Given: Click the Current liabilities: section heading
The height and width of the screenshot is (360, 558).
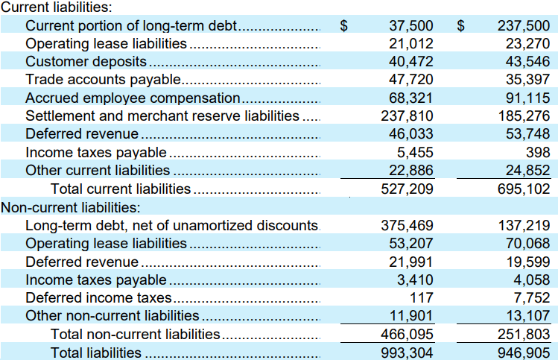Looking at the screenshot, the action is click(56, 7).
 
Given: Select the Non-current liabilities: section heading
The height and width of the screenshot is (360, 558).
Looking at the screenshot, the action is click(71, 207).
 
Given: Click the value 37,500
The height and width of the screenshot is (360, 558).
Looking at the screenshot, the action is click(411, 25).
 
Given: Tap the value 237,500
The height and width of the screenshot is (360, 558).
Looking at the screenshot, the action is click(524, 25).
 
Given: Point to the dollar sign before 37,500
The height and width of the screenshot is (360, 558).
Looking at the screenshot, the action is click(343, 25).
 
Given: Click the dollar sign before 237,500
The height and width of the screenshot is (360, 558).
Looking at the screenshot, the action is click(461, 25).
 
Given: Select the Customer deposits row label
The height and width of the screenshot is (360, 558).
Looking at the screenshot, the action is click(86, 62).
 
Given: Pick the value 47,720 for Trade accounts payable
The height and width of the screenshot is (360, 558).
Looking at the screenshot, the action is click(411, 80).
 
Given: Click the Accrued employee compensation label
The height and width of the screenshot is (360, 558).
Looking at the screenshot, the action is click(133, 98).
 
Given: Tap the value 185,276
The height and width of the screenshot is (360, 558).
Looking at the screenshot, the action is click(524, 116).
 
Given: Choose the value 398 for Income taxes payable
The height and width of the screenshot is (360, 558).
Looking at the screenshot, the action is click(538, 152).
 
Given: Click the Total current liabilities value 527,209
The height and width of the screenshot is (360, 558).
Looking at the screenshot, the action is click(407, 189).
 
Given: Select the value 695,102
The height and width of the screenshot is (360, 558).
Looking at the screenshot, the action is click(524, 189).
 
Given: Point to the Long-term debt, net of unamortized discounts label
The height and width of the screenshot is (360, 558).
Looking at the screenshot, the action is click(171, 225).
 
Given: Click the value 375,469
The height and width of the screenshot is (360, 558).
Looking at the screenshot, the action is click(407, 225).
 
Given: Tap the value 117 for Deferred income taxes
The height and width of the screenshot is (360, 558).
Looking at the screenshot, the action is click(422, 297).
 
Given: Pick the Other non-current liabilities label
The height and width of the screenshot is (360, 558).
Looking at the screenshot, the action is click(112, 316).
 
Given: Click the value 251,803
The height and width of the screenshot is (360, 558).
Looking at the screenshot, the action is click(524, 335).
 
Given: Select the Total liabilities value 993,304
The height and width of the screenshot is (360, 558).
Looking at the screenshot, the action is click(407, 353).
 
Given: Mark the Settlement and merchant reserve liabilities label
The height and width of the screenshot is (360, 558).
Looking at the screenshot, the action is click(162, 116).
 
